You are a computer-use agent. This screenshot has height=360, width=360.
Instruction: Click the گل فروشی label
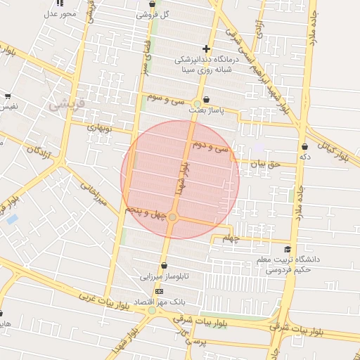tap(155, 14)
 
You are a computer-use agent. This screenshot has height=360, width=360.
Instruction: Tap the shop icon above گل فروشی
tap(153, 4)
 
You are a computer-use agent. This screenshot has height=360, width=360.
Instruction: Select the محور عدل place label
tap(59, 13)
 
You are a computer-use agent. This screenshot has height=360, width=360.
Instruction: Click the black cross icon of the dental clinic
tap(206, 49)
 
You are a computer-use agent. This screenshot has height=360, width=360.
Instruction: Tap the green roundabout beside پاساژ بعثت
tap(198, 104)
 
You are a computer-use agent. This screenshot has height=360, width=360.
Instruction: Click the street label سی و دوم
tap(214, 148)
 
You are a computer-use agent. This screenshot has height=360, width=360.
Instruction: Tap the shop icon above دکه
tap(304, 146)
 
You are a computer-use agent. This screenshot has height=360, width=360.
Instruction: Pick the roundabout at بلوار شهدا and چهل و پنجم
tap(172, 218)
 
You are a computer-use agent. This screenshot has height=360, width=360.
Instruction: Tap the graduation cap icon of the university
tap(287, 250)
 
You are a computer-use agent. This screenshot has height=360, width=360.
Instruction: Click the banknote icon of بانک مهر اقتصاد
tap(159, 291)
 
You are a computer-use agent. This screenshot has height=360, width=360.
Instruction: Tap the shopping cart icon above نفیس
tap(8, 96)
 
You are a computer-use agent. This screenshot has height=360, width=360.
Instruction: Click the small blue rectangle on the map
tap(12, 219)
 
